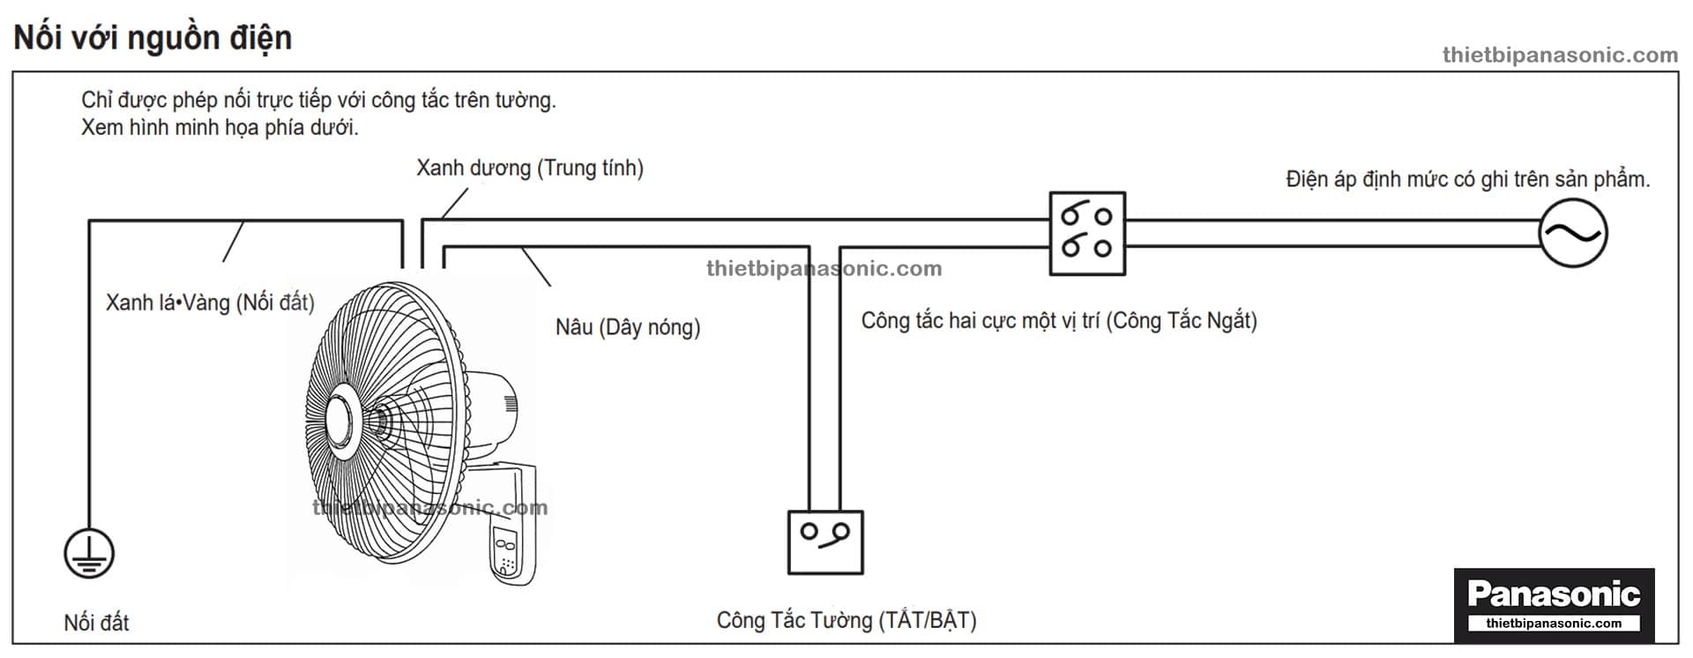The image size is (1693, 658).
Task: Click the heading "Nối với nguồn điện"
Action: click(x=153, y=38)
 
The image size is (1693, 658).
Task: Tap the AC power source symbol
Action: click(x=1573, y=234)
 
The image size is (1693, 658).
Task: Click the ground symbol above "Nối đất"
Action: click(x=89, y=553)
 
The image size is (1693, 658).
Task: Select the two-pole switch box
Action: click(x=1087, y=234)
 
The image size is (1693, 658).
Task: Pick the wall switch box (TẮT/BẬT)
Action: click(x=825, y=542)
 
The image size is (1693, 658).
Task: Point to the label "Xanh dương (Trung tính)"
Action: click(x=530, y=168)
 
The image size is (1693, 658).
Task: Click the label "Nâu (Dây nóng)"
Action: click(x=628, y=327)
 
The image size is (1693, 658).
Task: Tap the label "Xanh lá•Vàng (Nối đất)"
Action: click(x=210, y=303)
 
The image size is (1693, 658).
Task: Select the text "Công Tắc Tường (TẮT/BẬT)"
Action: click(x=846, y=620)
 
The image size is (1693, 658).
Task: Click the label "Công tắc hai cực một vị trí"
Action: click(x=1058, y=320)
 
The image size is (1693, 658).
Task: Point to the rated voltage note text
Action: click(x=1467, y=179)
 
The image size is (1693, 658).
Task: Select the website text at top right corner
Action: click(x=1560, y=55)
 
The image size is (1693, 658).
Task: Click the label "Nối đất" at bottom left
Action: click(x=96, y=623)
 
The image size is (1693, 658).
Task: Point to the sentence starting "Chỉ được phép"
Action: click(x=318, y=100)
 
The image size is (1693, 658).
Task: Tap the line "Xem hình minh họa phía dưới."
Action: click(x=220, y=127)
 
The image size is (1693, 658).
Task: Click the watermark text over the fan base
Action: click(x=430, y=507)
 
